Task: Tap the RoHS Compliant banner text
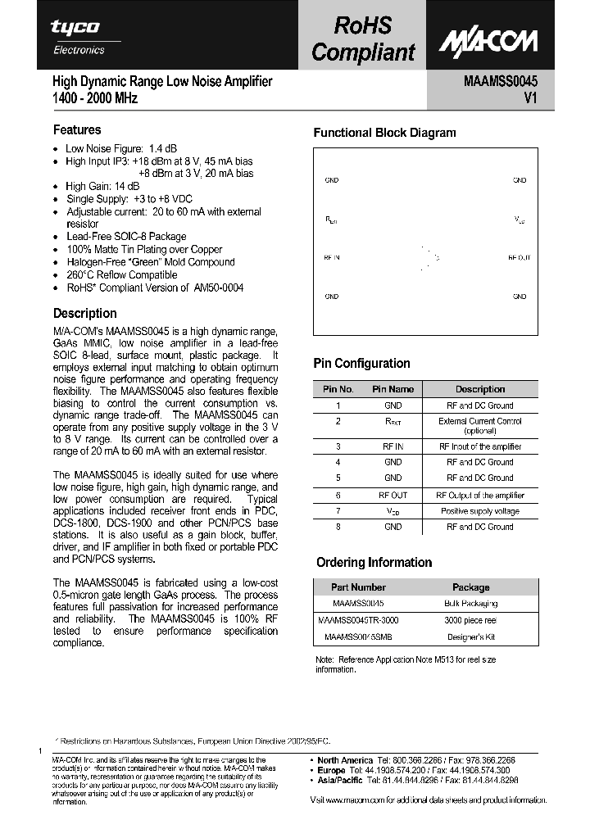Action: click(x=363, y=39)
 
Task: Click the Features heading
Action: click(x=77, y=129)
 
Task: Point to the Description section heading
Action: click(x=84, y=313)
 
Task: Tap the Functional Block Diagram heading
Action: click(x=384, y=133)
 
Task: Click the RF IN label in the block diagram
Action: click(x=332, y=257)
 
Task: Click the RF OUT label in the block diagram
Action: click(x=519, y=257)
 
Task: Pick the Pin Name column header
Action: click(x=393, y=389)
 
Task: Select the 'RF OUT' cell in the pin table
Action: click(x=393, y=496)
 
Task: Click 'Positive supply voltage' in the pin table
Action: click(x=480, y=511)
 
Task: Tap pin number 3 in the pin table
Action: click(x=338, y=447)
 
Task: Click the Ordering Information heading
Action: click(x=374, y=562)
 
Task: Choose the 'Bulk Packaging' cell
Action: click(x=470, y=604)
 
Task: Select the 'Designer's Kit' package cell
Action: click(x=470, y=636)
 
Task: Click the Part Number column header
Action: click(x=358, y=587)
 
